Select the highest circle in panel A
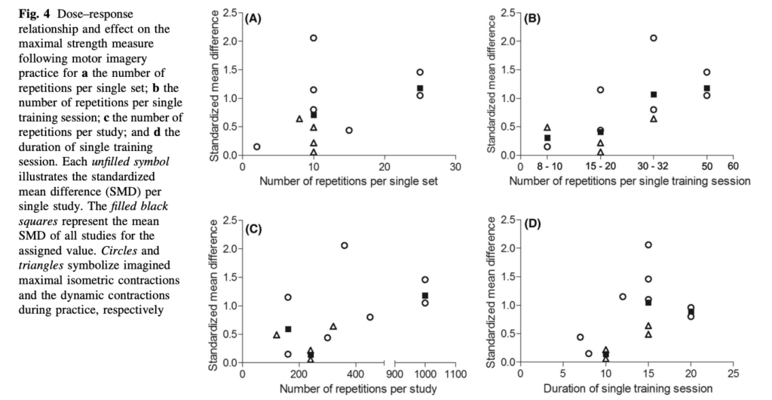314,38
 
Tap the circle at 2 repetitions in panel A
257,146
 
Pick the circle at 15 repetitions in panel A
349,130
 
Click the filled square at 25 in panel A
420,88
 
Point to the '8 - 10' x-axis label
547,167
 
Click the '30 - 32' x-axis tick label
654,167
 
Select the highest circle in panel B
654,38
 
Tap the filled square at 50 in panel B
707,88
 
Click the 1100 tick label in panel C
455,374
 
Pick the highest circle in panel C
345,245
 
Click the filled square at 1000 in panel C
425,296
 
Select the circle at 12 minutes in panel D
623,297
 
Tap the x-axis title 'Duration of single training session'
626,389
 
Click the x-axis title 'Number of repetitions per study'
348,389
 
